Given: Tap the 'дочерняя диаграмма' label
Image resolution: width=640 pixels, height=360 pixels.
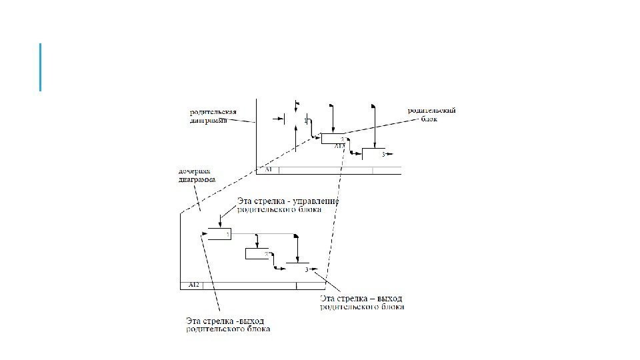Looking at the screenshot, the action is pyautogui.click(x=197, y=175).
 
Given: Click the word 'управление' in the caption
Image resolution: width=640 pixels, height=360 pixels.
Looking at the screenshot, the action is pyautogui.click(x=317, y=201).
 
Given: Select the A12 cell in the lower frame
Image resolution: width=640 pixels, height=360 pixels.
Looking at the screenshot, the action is pyautogui.click(x=193, y=285).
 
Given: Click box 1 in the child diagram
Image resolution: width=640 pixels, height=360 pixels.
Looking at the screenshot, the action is pyautogui.click(x=219, y=234).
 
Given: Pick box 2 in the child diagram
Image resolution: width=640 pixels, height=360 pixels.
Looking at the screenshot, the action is pyautogui.click(x=257, y=253).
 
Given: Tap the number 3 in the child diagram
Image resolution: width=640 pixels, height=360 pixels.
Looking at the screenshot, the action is pyautogui.click(x=306, y=269).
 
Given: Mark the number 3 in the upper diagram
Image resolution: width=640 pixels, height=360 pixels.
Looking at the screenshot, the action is pyautogui.click(x=383, y=155).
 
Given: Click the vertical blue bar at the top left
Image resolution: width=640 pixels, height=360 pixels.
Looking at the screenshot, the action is pyautogui.click(x=41, y=67).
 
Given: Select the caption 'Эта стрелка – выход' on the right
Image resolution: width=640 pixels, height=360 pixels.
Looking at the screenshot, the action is pyautogui.click(x=362, y=297).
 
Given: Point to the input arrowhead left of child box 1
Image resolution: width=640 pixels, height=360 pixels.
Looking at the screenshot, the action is pyautogui.click(x=203, y=233).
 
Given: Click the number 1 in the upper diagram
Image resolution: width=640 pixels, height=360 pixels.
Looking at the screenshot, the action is pyautogui.click(x=305, y=121).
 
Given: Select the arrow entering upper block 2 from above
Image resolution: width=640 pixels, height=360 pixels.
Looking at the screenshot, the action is pyautogui.click(x=331, y=120).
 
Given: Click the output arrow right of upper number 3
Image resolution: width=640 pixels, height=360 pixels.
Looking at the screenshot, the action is pyautogui.click(x=389, y=154).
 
